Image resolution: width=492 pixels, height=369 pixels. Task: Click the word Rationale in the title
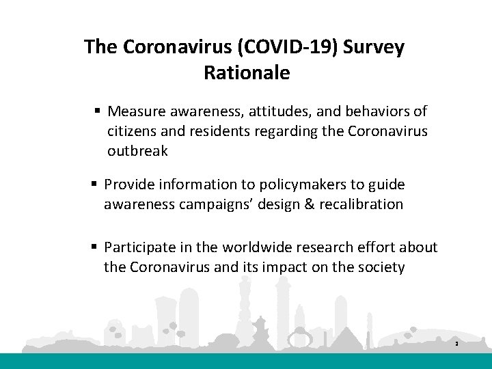click(247, 73)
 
